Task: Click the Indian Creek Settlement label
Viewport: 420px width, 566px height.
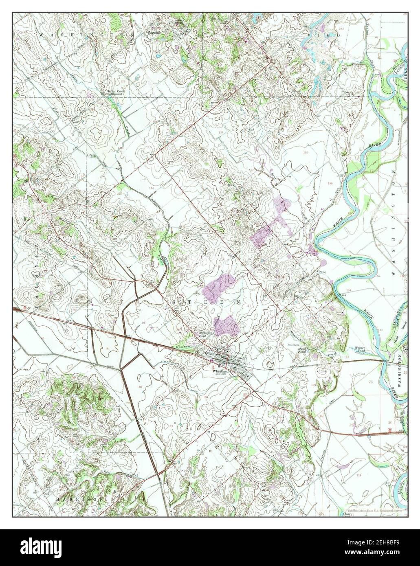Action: coord(115,93)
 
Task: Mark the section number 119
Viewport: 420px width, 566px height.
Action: coord(359,475)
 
